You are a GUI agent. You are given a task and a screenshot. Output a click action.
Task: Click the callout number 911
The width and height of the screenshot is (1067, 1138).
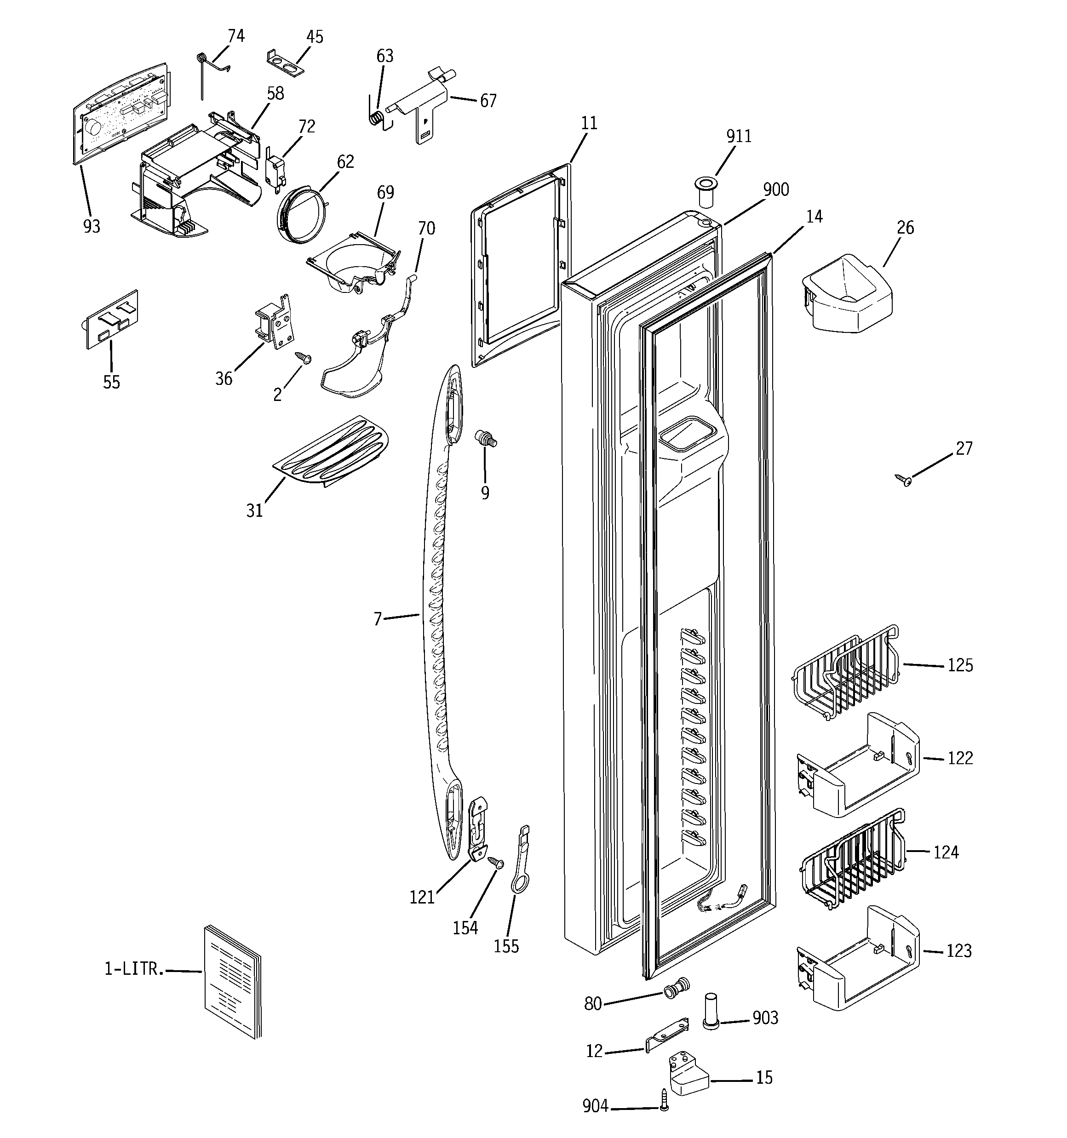(738, 136)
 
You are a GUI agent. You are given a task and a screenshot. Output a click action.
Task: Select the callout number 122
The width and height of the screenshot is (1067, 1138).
(960, 759)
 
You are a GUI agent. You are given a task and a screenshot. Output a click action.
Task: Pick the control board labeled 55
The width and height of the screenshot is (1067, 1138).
(112, 320)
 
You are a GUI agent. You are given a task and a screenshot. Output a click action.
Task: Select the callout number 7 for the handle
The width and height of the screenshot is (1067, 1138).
(378, 619)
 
